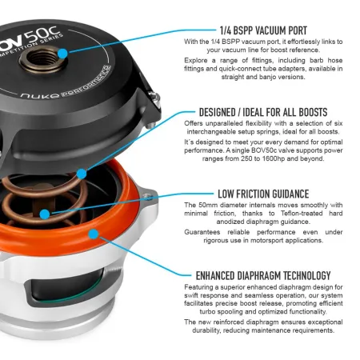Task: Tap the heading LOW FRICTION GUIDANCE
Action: tap(262, 194)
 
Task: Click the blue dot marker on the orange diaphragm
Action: tap(94, 234)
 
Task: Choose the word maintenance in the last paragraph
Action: tap(259, 330)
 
